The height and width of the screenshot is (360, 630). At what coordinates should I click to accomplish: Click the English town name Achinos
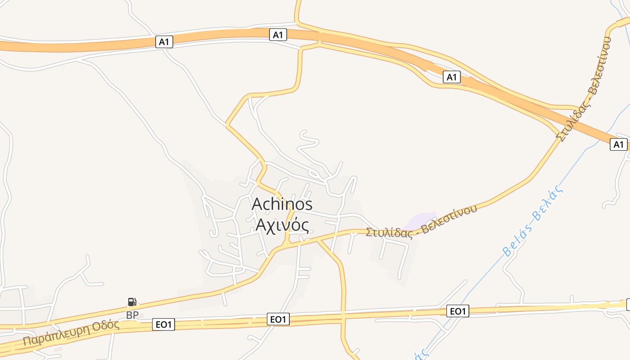pyautogui.click(x=282, y=204)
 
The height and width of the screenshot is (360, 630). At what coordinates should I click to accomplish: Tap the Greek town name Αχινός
pyautogui.click(x=282, y=224)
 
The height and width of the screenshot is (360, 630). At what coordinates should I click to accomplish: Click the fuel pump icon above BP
pyautogui.click(x=132, y=302)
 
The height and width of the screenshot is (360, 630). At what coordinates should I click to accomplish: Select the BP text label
pyautogui.click(x=132, y=315)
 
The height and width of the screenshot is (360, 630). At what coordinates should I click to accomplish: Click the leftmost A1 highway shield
pyautogui.click(x=164, y=42)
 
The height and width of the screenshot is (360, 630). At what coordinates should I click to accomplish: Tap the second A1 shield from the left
pyautogui.click(x=278, y=35)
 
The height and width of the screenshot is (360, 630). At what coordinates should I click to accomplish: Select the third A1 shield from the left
pyautogui.click(x=451, y=77)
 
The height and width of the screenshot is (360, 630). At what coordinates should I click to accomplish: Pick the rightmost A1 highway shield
pyautogui.click(x=619, y=144)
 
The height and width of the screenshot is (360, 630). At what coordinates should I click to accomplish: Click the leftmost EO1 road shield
pyautogui.click(x=163, y=324)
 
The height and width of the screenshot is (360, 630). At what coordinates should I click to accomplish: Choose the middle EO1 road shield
pyautogui.click(x=278, y=319)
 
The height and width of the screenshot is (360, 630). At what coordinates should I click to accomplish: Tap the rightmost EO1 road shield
pyautogui.click(x=458, y=311)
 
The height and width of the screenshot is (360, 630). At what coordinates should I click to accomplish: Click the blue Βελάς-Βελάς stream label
pyautogui.click(x=533, y=221)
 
